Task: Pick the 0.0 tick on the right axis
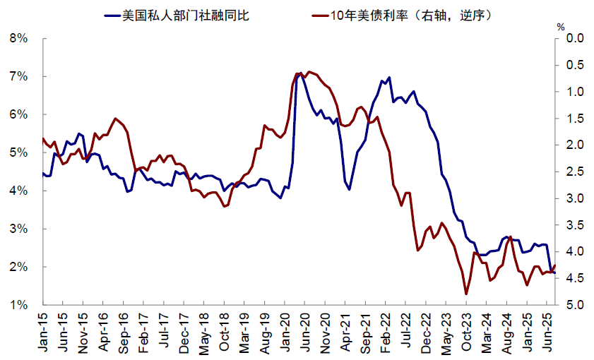click(x=573, y=38)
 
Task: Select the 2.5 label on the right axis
click(x=573, y=172)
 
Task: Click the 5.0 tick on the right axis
click(x=573, y=305)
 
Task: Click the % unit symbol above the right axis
click(x=560, y=27)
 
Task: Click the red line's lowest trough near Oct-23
click(x=466, y=294)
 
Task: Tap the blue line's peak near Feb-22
click(x=389, y=78)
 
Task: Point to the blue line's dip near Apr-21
click(x=350, y=190)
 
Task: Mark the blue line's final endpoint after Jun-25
click(x=554, y=272)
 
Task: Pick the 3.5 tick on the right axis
click(x=573, y=225)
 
